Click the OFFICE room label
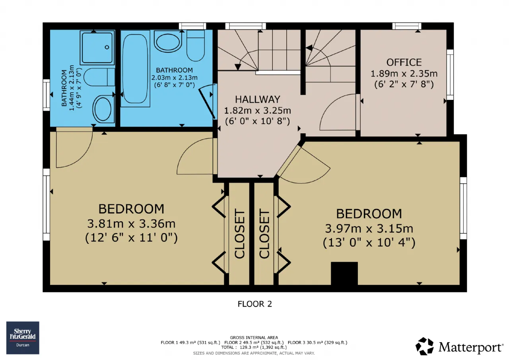click(404, 62)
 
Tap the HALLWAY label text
click(257, 99)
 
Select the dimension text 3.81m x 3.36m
click(131, 224)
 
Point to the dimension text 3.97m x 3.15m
click(369, 229)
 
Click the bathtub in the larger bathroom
click(135, 69)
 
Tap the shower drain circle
click(107, 47)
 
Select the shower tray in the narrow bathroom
click(97, 47)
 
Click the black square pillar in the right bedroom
click(344, 273)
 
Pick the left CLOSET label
click(239, 234)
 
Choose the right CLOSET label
click(264, 234)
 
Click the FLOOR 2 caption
click(255, 304)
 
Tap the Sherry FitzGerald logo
click(23, 338)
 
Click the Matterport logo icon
click(424, 346)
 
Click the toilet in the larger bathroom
click(196, 45)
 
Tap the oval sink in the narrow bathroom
click(103, 109)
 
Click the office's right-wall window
click(450, 75)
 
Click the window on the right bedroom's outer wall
click(464, 208)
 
